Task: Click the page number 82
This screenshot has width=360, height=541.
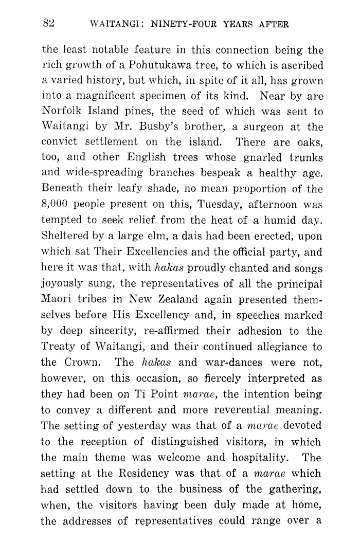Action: click(49, 23)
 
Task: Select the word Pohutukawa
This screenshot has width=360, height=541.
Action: click(163, 66)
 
